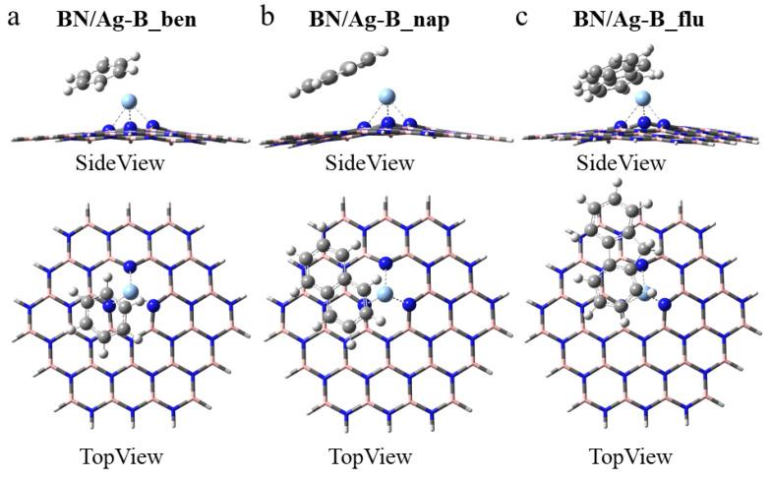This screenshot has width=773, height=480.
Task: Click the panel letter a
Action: [x=14, y=17]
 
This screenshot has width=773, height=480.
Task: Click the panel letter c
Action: [x=521, y=17]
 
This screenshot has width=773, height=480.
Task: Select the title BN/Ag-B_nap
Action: [x=379, y=19]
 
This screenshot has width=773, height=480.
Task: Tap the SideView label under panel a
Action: [x=120, y=162]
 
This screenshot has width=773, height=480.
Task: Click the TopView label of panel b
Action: [x=370, y=456]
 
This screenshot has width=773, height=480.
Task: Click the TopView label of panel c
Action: [x=630, y=456]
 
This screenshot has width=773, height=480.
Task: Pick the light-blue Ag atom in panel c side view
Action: [x=643, y=98]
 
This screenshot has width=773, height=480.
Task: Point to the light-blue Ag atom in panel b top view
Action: [x=384, y=293]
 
